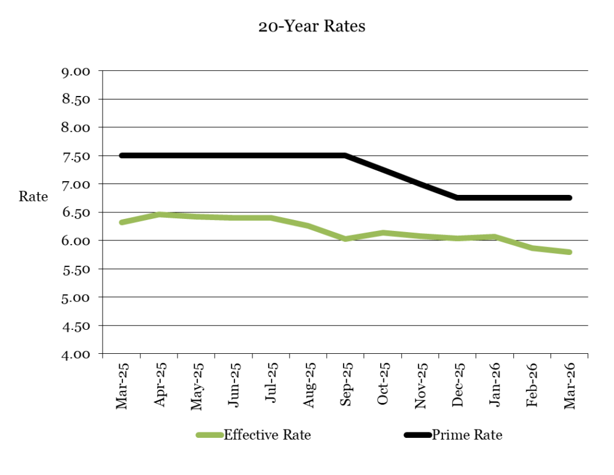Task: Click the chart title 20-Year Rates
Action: click(311, 27)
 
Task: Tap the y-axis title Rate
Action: click(34, 197)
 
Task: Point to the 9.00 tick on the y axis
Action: click(76, 71)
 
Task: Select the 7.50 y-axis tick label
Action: click(76, 156)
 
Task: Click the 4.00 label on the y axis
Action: click(76, 354)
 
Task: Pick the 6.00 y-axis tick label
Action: click(76, 240)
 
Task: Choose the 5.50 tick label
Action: click(76, 269)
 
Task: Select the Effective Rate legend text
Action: click(267, 435)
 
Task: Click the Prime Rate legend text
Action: click(467, 435)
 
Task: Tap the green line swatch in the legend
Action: click(210, 435)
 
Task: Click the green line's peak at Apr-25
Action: click(159, 214)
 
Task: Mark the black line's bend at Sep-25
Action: click(345, 155)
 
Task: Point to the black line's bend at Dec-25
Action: click(458, 197)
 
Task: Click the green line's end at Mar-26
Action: click(569, 252)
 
